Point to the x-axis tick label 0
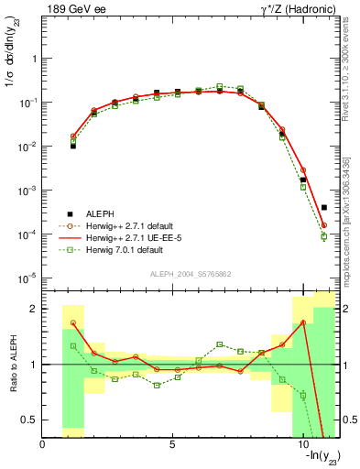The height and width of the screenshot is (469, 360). click(43, 445)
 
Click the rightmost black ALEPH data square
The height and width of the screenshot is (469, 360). click(324, 208)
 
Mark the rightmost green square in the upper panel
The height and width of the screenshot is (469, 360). click(324, 236)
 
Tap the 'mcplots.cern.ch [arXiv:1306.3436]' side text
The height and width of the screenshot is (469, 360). click(351, 220)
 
